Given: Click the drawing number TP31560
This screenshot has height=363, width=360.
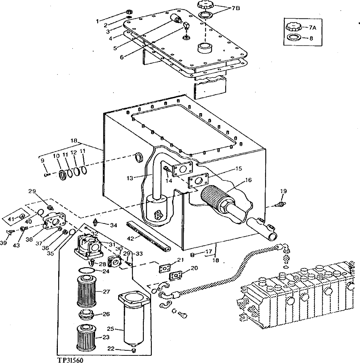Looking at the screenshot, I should coord(72,360).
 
